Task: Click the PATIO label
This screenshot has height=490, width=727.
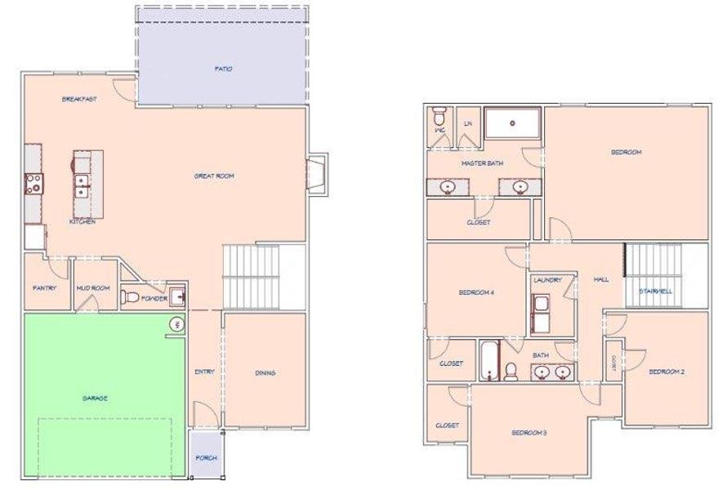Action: (223, 69)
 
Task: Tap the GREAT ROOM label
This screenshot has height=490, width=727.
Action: (214, 176)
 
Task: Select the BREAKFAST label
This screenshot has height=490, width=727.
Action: (80, 100)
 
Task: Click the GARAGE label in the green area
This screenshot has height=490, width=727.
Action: (95, 399)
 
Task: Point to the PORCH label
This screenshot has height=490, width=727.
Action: (207, 458)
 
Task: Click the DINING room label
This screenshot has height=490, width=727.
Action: (265, 373)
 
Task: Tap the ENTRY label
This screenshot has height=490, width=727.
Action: (204, 372)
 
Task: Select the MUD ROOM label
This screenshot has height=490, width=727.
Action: (92, 288)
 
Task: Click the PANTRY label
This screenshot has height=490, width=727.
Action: (44, 288)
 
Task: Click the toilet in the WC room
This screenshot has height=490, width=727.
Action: (439, 114)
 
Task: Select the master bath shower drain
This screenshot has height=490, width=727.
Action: (512, 123)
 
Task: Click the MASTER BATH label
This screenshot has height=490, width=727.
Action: (482, 163)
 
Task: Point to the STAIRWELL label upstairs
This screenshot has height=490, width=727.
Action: (655, 291)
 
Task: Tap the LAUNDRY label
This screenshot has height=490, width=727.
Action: (547, 280)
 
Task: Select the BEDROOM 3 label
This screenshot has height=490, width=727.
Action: (529, 432)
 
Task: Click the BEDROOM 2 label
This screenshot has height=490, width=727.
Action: (667, 372)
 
